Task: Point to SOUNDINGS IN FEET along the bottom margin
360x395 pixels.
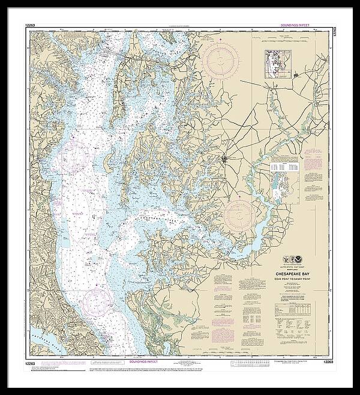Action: click(143, 362)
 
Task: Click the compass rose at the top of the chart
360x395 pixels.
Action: click(220, 59)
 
